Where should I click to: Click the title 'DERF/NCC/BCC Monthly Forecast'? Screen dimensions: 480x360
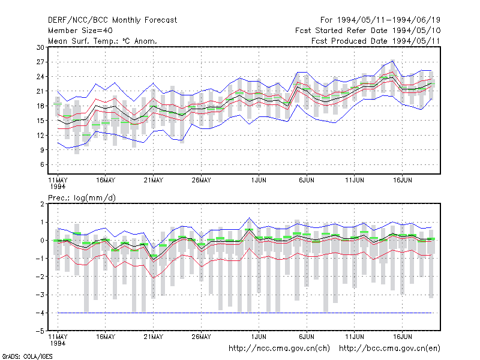tap(112, 20)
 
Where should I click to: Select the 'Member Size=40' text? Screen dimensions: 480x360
tap(80, 31)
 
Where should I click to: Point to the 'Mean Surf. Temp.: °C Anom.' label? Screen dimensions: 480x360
tap(103, 41)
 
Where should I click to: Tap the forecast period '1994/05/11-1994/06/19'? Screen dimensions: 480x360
tap(388, 20)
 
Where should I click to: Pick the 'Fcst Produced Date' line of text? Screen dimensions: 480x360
tap(376, 41)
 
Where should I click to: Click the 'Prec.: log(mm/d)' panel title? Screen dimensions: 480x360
tap(82, 198)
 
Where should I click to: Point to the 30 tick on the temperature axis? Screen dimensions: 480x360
tap(40, 47)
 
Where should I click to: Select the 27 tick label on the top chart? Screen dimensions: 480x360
tap(40, 62)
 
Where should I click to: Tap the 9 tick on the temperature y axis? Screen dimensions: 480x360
tap(42, 150)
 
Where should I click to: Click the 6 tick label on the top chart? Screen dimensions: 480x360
tap(42, 164)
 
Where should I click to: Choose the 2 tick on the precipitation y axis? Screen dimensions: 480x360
tap(42, 204)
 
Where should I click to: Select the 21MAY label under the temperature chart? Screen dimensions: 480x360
tap(154, 181)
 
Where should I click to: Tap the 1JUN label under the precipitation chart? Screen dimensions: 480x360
tap(259, 337)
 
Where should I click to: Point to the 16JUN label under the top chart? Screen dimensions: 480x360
tap(402, 181)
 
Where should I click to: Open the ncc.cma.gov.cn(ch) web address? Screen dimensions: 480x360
tap(279, 349)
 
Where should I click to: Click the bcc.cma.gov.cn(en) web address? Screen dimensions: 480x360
tap(389, 349)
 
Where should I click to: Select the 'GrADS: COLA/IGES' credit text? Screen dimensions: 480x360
tap(27, 356)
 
